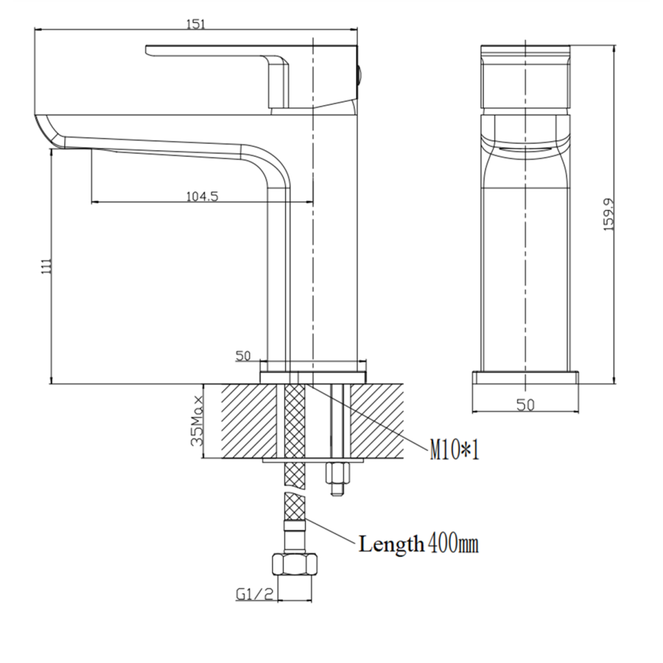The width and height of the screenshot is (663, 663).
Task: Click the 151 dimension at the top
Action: [x=194, y=24]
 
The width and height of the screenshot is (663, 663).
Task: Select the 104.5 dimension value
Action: [x=202, y=196]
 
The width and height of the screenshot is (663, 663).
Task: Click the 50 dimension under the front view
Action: [x=525, y=404]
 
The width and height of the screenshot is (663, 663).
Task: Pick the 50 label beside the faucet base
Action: [x=242, y=357]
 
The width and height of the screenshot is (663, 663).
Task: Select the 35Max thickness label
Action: [x=197, y=422]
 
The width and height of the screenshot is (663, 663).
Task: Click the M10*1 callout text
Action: [x=455, y=449]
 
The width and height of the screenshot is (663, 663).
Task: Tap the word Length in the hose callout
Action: [x=391, y=544]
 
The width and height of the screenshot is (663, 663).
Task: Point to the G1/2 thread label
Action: [x=255, y=594]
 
